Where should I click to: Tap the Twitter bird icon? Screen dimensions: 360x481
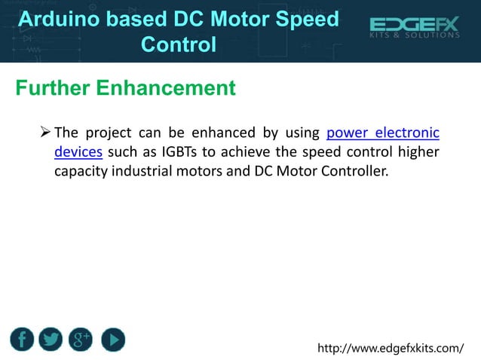click(x=51, y=340)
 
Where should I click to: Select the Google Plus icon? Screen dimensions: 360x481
click(x=81, y=340)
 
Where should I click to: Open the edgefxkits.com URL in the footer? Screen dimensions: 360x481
click(x=391, y=348)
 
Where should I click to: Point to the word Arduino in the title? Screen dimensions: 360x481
click(x=57, y=20)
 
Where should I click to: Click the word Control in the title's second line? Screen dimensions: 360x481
click(x=179, y=44)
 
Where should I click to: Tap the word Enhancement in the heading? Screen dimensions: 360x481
click(x=165, y=88)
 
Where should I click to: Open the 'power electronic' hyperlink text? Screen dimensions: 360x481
click(x=383, y=134)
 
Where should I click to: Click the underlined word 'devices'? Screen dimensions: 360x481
click(x=78, y=152)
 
